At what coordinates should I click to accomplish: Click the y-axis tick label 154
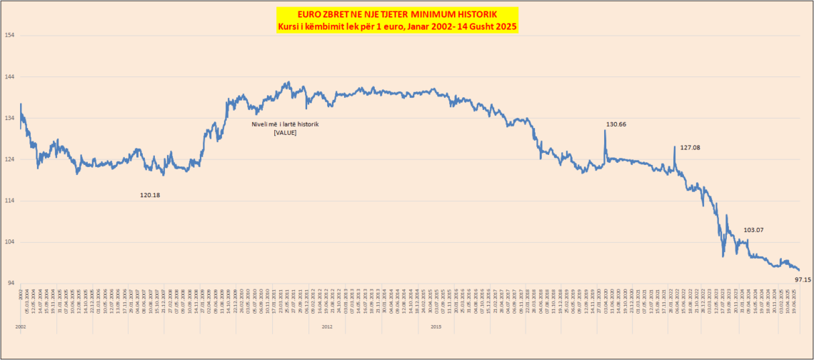pyautogui.click(x=9, y=35)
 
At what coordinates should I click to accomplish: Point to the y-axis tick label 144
pyautogui.click(x=9, y=76)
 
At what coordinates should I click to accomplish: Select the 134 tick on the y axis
pyautogui.click(x=9, y=118)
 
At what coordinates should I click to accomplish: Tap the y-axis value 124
pyautogui.click(x=9, y=159)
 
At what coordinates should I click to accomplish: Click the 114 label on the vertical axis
pyautogui.click(x=9, y=201)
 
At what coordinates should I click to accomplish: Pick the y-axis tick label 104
pyautogui.click(x=9, y=242)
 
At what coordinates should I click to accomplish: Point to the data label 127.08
pyautogui.click(x=690, y=148)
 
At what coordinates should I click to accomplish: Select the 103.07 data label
pyautogui.click(x=753, y=230)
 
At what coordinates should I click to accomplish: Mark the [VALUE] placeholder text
pyautogui.click(x=285, y=133)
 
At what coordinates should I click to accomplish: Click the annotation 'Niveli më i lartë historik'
pyautogui.click(x=285, y=124)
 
